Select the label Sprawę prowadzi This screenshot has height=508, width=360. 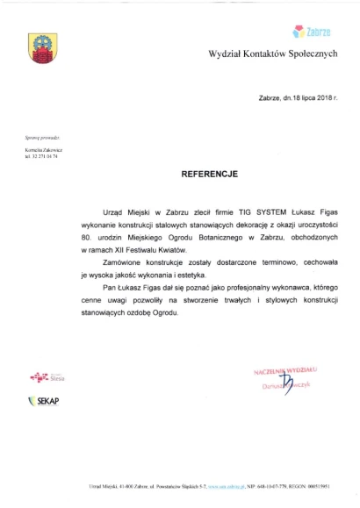[42, 139]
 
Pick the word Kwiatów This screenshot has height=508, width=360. [184, 250]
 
